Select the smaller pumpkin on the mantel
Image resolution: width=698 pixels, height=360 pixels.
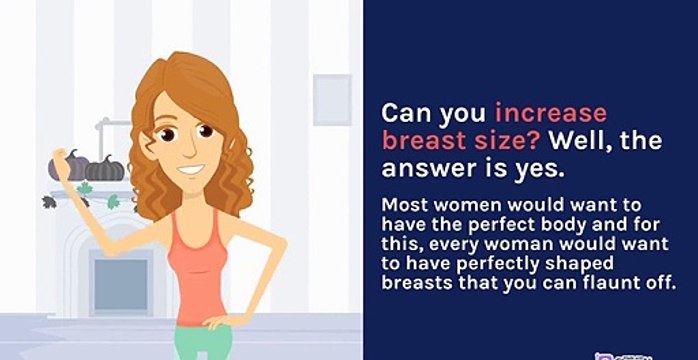tap(106, 169)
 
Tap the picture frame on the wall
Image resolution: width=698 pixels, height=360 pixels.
tap(332, 100)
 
